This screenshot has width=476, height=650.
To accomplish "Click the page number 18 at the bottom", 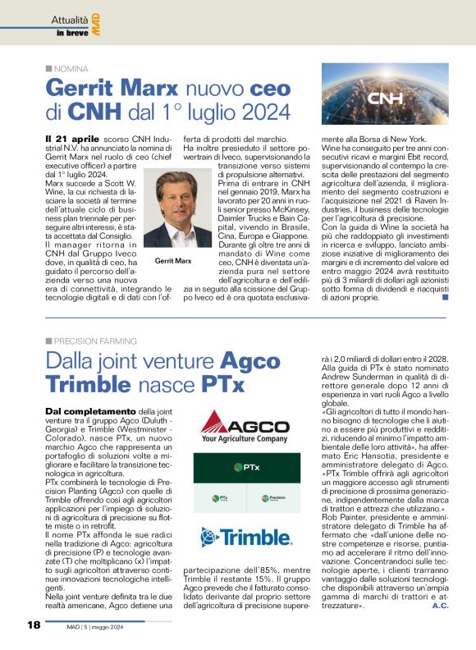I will pyautogui.click(x=34, y=625).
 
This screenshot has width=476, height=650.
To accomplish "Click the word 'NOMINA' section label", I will pyautogui.click(x=71, y=69).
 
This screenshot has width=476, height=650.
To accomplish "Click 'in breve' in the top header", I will pyautogui.click(x=71, y=34).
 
